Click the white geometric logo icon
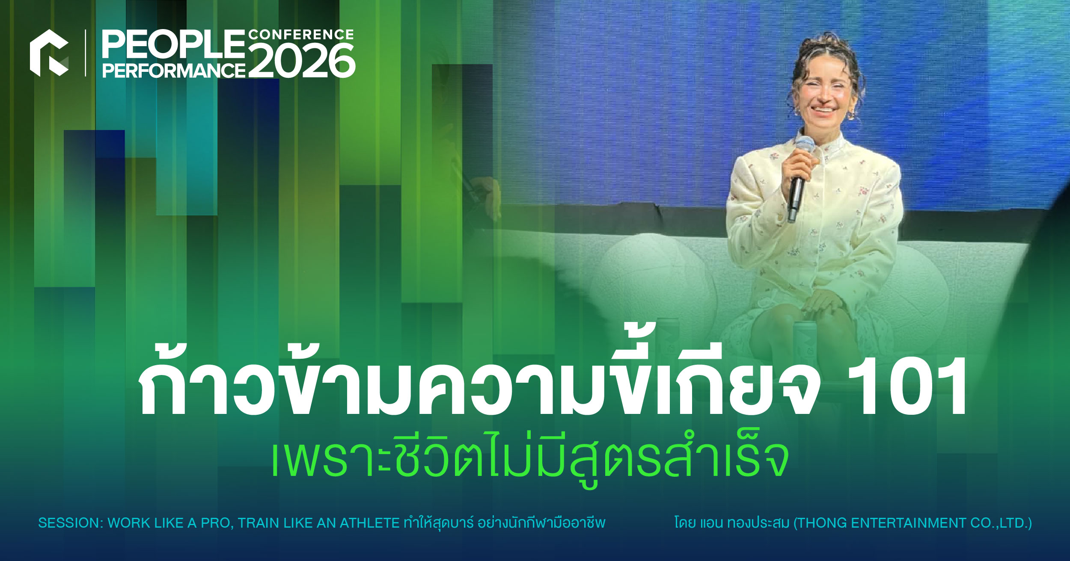click(x=49, y=53)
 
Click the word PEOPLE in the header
click(x=173, y=44)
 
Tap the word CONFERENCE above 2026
click(x=301, y=34)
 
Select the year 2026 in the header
click(x=302, y=61)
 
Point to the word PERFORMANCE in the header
click(x=174, y=70)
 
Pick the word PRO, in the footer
click(x=215, y=523)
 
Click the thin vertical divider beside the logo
click(x=86, y=53)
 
